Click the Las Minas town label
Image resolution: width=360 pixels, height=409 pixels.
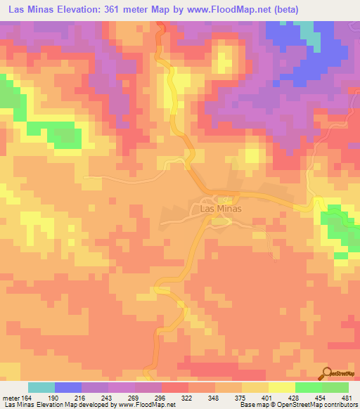point(221,209)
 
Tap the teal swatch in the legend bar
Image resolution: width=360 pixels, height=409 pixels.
point(41,387)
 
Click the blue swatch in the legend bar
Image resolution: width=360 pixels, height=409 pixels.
point(68,387)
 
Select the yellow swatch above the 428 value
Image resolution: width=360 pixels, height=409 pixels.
point(281,387)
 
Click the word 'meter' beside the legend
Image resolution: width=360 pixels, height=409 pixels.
point(11,396)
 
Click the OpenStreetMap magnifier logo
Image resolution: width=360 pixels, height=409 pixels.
point(328,373)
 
